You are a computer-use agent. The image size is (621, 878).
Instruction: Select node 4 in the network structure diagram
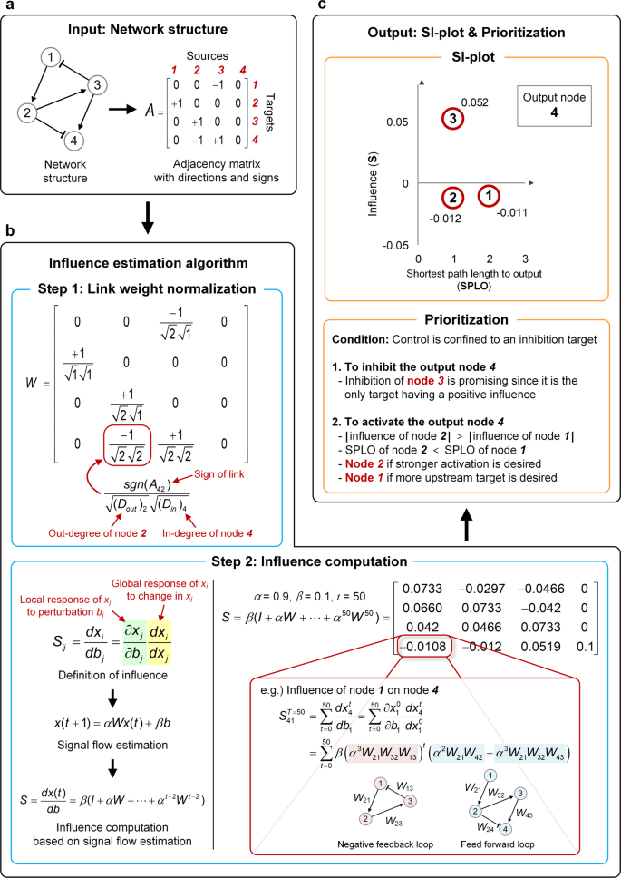click(73, 140)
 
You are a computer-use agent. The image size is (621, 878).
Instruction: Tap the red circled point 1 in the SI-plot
click(488, 195)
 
